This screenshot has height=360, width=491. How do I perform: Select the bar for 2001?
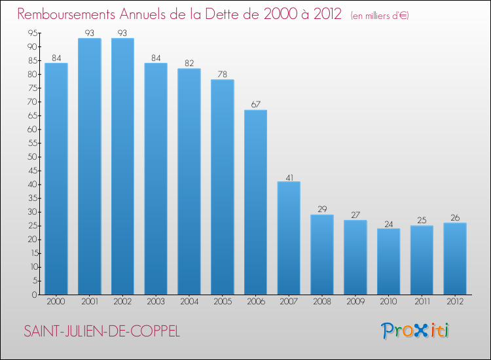click(x=89, y=166)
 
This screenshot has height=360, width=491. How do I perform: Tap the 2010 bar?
click(x=388, y=261)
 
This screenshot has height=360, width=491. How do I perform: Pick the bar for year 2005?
click(x=222, y=187)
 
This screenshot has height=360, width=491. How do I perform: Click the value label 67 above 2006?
click(x=255, y=104)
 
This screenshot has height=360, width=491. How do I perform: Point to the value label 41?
click(x=289, y=176)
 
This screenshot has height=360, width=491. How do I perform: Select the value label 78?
click(x=222, y=74)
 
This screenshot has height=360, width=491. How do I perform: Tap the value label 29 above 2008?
click(x=322, y=209)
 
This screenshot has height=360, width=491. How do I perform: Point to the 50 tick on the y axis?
click(x=32, y=157)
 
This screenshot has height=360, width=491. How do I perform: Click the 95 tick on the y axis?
click(x=32, y=33)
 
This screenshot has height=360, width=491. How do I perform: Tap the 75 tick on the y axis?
click(x=32, y=88)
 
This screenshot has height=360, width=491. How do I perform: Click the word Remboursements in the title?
click(x=73, y=14)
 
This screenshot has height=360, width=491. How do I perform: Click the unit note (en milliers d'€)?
click(x=380, y=16)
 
